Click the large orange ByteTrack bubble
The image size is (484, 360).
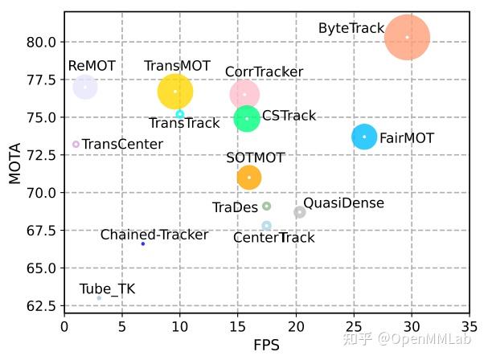408,37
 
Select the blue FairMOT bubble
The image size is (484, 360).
364,137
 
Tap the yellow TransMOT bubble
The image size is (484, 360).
175,92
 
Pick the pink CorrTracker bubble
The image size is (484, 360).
244,94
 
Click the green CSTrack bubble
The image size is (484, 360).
247,119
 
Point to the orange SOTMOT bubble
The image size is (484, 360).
249,177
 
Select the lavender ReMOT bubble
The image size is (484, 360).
85,87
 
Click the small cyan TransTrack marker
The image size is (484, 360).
180,114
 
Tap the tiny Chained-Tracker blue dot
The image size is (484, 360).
143,243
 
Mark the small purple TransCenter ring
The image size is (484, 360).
76,145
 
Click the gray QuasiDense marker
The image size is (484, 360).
300,212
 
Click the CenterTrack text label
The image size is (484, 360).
273,238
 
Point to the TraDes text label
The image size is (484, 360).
235,207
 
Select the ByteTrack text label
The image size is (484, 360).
351,28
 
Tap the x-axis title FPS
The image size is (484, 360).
265,346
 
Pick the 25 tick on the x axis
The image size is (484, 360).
354,327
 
